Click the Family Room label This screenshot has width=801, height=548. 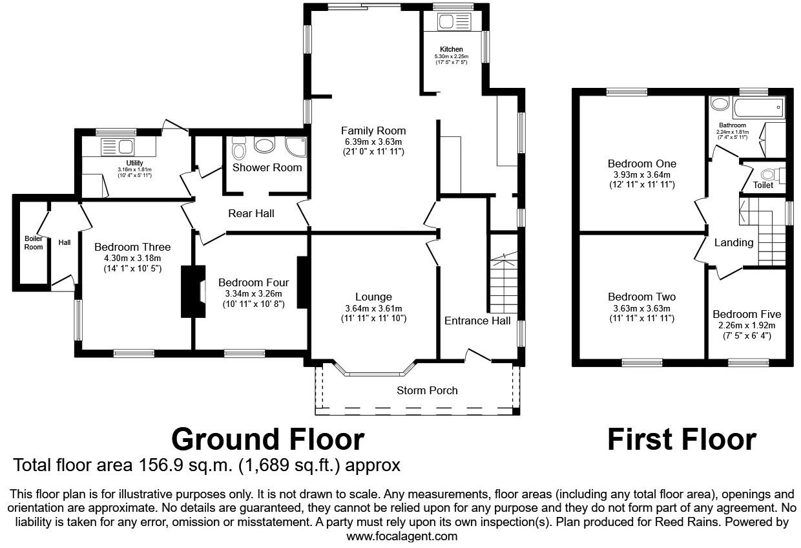pyautogui.click(x=373, y=131)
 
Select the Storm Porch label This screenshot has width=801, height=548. pyautogui.click(x=427, y=390)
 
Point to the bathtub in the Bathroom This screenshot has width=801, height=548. pyautogui.click(x=756, y=105)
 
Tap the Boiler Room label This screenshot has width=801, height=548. pyautogui.click(x=34, y=242)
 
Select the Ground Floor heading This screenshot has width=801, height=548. pyautogui.click(x=267, y=439)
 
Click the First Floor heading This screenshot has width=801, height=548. pyautogui.click(x=681, y=439)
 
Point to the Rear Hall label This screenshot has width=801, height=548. pyautogui.click(x=251, y=213)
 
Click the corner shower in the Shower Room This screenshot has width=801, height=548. pyautogui.click(x=295, y=147)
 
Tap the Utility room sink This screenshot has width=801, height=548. pyautogui.click(x=118, y=147)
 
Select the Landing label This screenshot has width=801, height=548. pyautogui.click(x=733, y=243)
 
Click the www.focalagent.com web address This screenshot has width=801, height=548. pyautogui.click(x=402, y=536)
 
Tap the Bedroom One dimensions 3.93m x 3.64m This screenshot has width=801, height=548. pyautogui.click(x=641, y=174)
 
